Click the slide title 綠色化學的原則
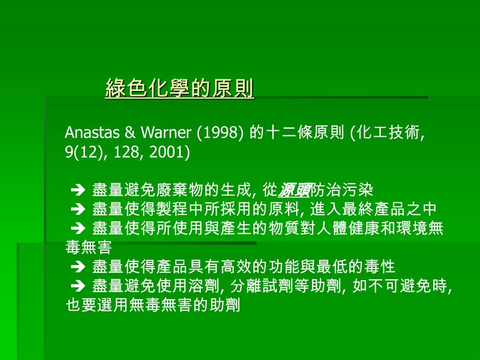(x=179, y=89)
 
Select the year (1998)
(x=219, y=134)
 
